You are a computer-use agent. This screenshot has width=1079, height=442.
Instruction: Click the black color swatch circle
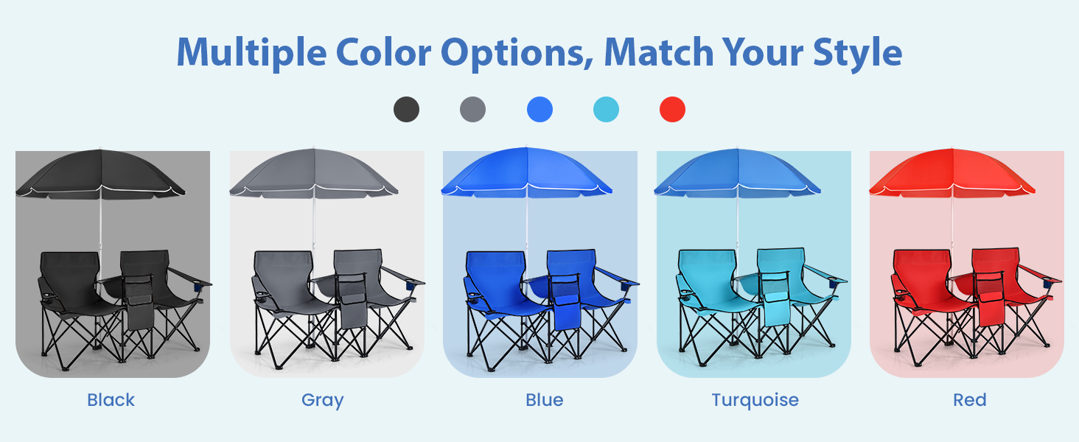click(x=406, y=109)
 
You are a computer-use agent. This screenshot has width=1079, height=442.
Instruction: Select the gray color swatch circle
click(x=472, y=109)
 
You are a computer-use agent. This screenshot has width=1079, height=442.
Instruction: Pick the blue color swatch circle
click(x=539, y=109)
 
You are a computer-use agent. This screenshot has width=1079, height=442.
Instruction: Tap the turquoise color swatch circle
click(x=606, y=109)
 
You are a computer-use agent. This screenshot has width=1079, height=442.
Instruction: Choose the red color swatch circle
click(x=672, y=109)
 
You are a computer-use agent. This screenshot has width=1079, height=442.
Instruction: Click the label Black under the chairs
click(x=111, y=399)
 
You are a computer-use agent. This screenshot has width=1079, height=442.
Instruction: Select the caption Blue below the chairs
click(x=545, y=399)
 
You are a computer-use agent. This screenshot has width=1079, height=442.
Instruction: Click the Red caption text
click(x=970, y=399)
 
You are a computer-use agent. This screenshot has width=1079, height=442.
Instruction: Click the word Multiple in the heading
click(x=252, y=53)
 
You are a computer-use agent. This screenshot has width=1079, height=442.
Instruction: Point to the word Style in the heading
click(x=857, y=53)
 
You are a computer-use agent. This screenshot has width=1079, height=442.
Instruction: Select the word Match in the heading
click(x=658, y=52)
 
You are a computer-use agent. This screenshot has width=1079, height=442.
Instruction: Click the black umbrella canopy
click(x=100, y=173)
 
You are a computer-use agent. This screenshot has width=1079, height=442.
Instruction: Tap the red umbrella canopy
click(x=951, y=172)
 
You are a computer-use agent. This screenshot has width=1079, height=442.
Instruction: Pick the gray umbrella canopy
click(x=313, y=172)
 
